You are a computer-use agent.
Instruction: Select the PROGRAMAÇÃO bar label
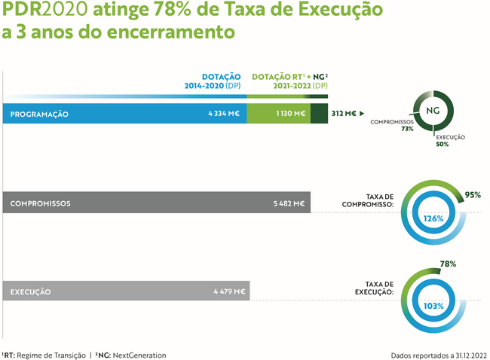click(x=40, y=114)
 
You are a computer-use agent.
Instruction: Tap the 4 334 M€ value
click(x=223, y=114)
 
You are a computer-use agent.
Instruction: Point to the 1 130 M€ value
click(x=289, y=114)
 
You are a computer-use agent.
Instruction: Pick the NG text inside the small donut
click(x=433, y=110)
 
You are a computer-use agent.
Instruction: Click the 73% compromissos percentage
click(x=407, y=129)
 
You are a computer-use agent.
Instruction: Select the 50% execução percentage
click(x=442, y=144)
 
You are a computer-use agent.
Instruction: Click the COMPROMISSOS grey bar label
click(x=41, y=203)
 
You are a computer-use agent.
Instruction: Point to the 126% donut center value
click(x=433, y=218)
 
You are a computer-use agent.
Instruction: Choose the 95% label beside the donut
click(x=473, y=194)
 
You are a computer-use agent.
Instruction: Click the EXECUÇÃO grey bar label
click(x=31, y=291)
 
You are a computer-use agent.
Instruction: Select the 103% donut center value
click(x=433, y=307)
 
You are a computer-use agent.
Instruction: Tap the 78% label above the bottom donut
click(x=448, y=264)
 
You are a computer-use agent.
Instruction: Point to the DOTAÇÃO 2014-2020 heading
click(x=213, y=81)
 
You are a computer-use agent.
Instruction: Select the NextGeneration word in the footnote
click(x=139, y=355)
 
